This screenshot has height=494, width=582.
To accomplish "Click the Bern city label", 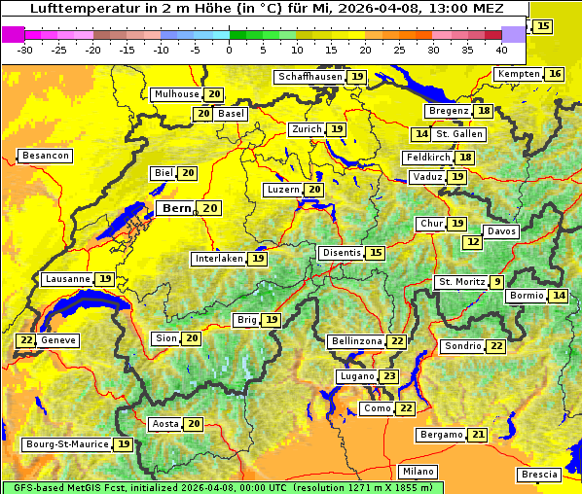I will click(177, 208).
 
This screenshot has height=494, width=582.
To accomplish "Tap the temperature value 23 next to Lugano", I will click(389, 376).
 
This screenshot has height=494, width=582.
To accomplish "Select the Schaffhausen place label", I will click(309, 76).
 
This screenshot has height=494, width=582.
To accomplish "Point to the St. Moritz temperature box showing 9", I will click(497, 282).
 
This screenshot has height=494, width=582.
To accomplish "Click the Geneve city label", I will click(58, 340).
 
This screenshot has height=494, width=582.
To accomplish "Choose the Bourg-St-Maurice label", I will click(66, 444).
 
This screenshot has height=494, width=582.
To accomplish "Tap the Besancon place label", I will click(45, 156).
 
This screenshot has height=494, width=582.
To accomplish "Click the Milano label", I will click(419, 471).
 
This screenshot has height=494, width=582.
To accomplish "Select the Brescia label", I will click(540, 474).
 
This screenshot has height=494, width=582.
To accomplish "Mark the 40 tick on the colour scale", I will click(501, 50).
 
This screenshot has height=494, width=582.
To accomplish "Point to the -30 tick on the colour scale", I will click(25, 50).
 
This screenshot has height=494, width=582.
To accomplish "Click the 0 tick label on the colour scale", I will click(229, 50).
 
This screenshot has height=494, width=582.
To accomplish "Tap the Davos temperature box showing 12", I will click(473, 241).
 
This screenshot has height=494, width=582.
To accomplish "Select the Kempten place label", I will click(518, 74).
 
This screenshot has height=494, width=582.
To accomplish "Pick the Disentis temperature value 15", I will click(376, 253).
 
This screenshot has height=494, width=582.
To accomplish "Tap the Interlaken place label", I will click(218, 259).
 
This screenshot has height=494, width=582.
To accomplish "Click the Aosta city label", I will click(164, 424).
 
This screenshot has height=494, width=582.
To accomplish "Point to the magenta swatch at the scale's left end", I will click(13, 33).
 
